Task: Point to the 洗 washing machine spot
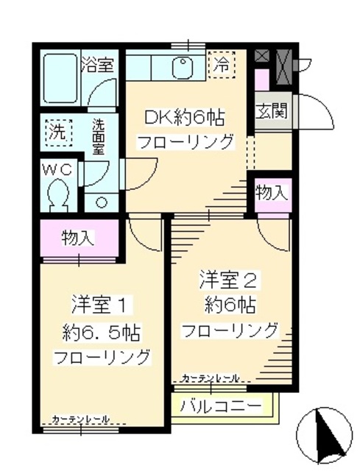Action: [55, 133]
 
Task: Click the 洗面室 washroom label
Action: [99, 137]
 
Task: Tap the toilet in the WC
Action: [57, 196]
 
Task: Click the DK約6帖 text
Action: [185, 117]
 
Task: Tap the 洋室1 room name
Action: [101, 302]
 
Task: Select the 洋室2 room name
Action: [227, 279]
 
